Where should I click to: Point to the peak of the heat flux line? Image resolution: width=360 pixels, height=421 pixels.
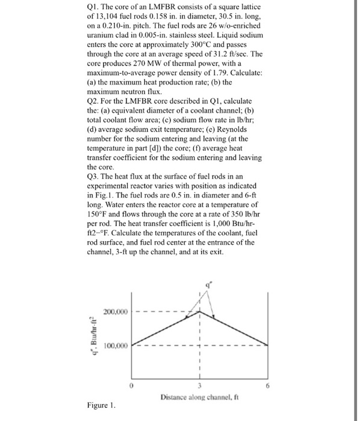[x=199, y=312]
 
